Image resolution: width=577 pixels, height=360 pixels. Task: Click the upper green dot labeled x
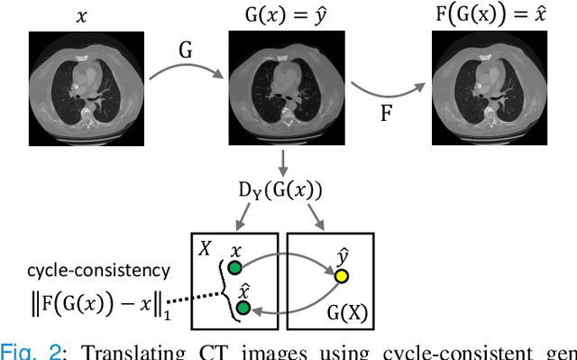coord(234,267)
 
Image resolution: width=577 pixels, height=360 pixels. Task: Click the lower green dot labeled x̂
coord(241,309)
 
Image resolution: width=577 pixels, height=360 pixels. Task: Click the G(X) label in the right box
coord(351,314)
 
